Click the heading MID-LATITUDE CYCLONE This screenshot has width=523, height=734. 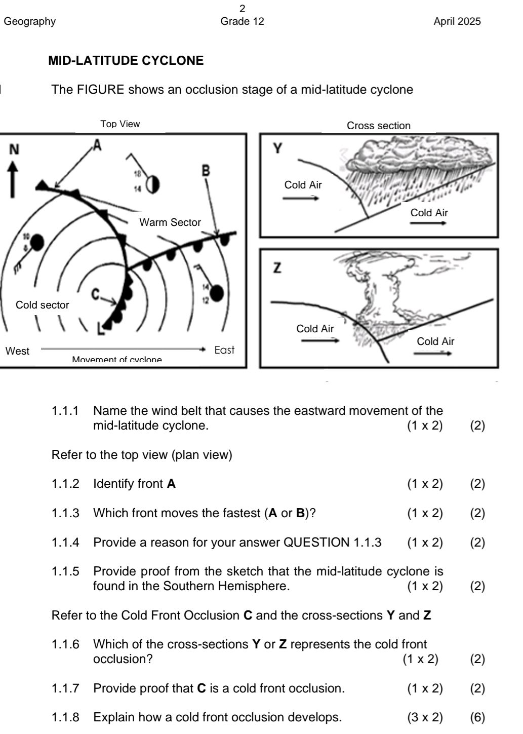point(126,61)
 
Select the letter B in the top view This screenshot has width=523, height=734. point(206,170)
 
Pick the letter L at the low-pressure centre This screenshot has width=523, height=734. point(101,330)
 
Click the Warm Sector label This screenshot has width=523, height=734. point(170,222)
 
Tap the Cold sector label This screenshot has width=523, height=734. point(42,305)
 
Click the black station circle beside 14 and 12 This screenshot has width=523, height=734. point(217,293)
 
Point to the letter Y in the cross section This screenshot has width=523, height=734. point(277,148)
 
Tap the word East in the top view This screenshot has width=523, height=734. point(224,350)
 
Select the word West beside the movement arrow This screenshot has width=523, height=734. point(17,351)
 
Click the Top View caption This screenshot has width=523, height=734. point(120,124)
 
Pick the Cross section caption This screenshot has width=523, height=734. point(378,126)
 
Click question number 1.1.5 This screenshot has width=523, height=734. point(65,571)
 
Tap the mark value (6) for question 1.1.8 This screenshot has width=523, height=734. point(477,717)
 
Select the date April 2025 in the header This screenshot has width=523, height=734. point(457,21)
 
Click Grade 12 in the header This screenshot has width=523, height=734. point(242,21)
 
